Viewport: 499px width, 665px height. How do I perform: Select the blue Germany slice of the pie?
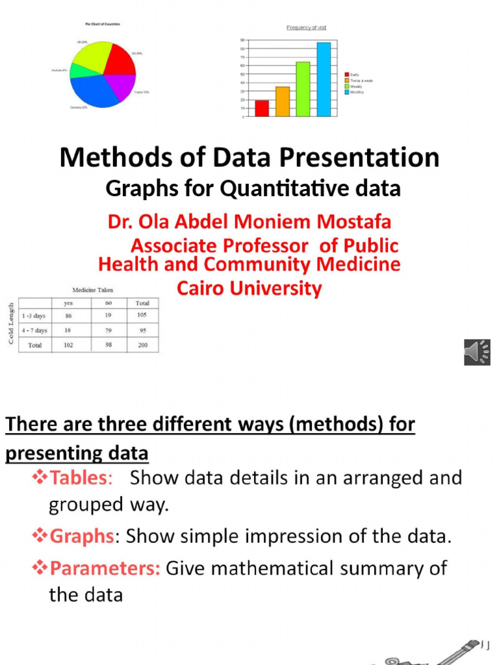(x=97, y=91)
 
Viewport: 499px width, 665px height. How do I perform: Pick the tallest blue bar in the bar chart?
(x=324, y=79)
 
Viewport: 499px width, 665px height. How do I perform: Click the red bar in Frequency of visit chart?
(x=262, y=108)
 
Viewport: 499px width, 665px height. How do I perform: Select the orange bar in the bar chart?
(x=283, y=101)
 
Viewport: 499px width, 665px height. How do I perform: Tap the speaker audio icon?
(x=477, y=352)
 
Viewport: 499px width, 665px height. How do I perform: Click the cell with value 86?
(x=68, y=316)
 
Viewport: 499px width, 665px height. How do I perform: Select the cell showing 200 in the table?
(x=142, y=345)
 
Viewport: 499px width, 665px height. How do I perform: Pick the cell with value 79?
(x=109, y=330)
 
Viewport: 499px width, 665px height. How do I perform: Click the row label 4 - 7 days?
(x=34, y=330)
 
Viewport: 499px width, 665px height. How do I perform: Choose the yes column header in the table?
(x=68, y=303)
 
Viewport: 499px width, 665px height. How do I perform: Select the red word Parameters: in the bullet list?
(x=105, y=568)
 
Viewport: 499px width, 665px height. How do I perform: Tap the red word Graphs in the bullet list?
(x=82, y=536)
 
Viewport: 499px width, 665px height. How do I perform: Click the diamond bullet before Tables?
(x=40, y=478)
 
